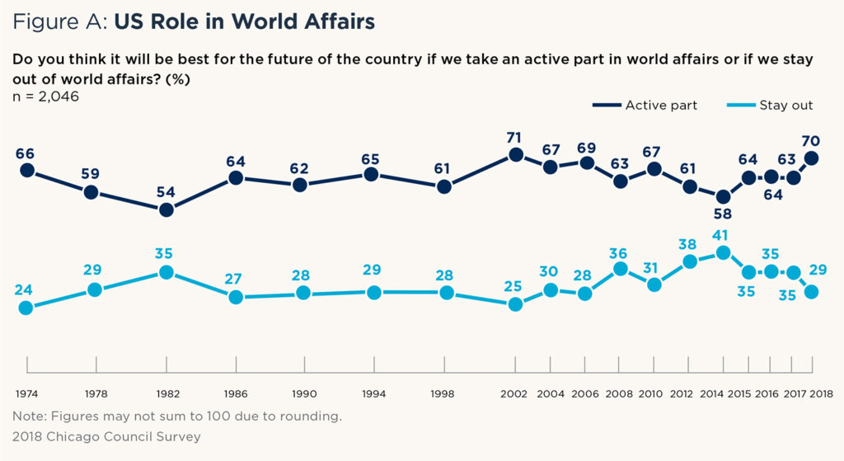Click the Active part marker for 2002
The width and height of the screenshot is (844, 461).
click(516, 154)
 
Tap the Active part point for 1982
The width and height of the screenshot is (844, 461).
click(166, 209)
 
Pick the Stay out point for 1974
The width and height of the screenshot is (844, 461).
click(26, 307)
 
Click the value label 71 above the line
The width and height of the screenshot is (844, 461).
click(516, 134)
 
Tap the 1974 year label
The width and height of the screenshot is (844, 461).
click(27, 394)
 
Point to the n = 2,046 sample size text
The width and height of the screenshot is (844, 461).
click(46, 96)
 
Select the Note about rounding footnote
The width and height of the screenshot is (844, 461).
click(176, 416)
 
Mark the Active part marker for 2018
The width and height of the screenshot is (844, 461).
click(812, 158)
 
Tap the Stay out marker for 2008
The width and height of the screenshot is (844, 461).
click(621, 269)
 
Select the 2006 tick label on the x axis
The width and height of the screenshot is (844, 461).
click(586, 394)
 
